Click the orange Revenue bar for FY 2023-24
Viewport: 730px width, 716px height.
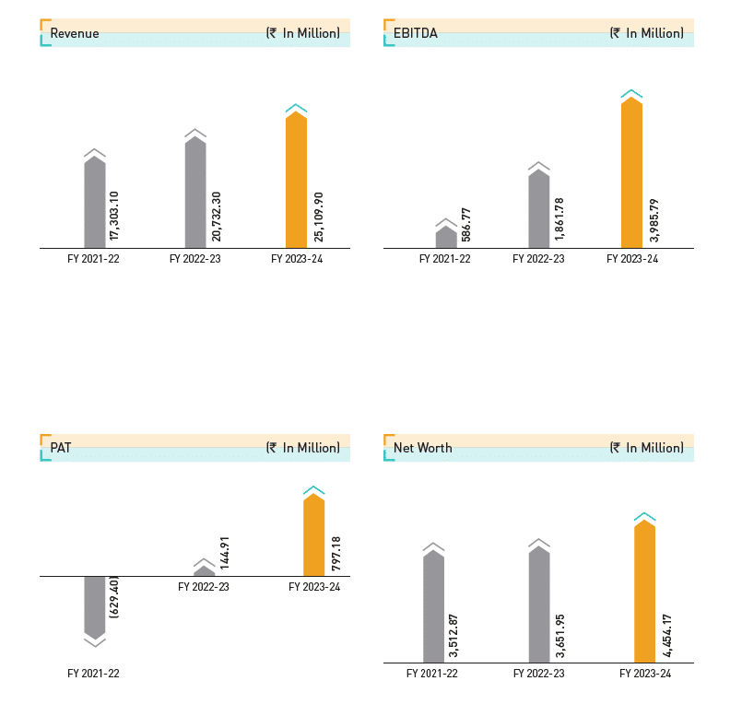[x=296, y=181]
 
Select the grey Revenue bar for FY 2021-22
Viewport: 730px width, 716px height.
[x=95, y=203]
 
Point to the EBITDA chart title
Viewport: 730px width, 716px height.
[x=416, y=33]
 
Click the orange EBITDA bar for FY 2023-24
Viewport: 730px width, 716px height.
[x=631, y=173]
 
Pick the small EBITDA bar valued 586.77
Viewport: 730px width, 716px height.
[x=446, y=238]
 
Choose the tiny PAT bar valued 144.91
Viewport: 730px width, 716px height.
[x=204, y=571]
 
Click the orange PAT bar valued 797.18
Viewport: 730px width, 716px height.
[x=313, y=535]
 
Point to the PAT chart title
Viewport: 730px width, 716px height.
[x=61, y=448]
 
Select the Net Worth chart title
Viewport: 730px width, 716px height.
[x=423, y=448]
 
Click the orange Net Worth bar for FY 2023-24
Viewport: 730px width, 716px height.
[x=644, y=592]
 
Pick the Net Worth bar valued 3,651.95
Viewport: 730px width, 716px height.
[x=539, y=605]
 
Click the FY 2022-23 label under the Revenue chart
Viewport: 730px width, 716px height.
[x=195, y=260]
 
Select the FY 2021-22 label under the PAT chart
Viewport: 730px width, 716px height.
[x=93, y=674]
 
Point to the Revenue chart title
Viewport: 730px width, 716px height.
[x=75, y=33]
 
